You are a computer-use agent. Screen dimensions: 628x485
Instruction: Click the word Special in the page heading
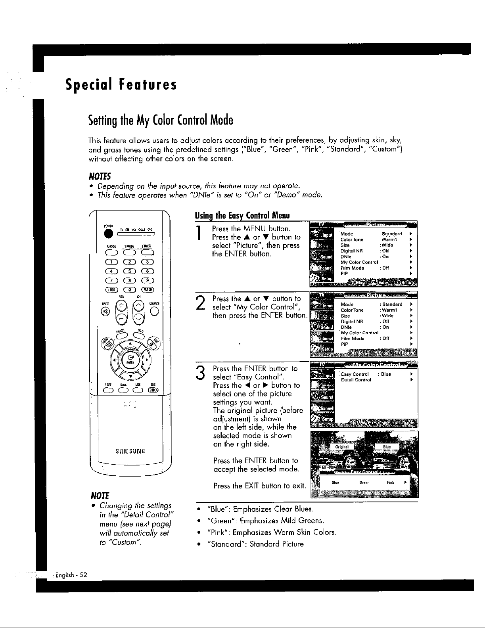[88, 84]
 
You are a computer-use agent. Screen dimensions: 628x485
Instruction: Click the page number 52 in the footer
[84, 575]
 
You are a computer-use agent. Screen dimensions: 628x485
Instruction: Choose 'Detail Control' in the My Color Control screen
[356, 380]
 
